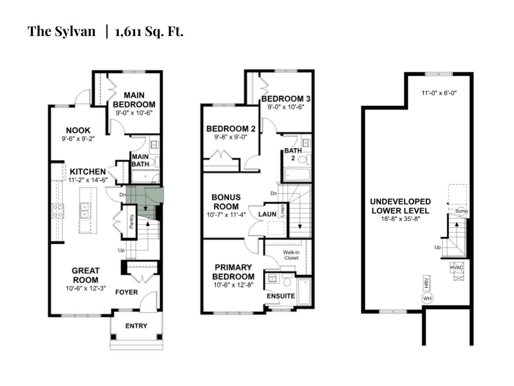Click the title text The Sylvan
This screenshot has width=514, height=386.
tap(61, 32)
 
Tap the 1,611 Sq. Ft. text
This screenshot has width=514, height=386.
tap(149, 32)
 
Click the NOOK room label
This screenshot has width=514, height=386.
tap(78, 130)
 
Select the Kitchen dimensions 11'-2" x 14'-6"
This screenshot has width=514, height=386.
tap(88, 180)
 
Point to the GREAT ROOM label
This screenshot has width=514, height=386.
tap(85, 275)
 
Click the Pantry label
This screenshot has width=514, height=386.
tap(131, 221)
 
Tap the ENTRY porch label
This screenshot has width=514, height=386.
tap(136, 326)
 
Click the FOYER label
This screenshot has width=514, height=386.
tap(127, 292)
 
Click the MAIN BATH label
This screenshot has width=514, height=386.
tap(140, 160)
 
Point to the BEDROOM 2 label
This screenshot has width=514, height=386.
tap(231, 129)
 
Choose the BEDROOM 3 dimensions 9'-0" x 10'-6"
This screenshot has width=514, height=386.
tap(286, 107)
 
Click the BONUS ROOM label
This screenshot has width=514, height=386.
tap(226, 202)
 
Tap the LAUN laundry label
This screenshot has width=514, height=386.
tap(267, 214)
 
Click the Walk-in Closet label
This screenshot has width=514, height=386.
tap(291, 255)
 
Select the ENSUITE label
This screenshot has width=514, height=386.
tap(281, 296)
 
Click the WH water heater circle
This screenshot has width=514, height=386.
tap(427, 299)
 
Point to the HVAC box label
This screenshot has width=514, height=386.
tap(456, 267)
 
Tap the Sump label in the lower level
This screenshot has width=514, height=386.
tap(461, 211)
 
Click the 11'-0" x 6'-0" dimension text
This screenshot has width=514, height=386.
tap(439, 93)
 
